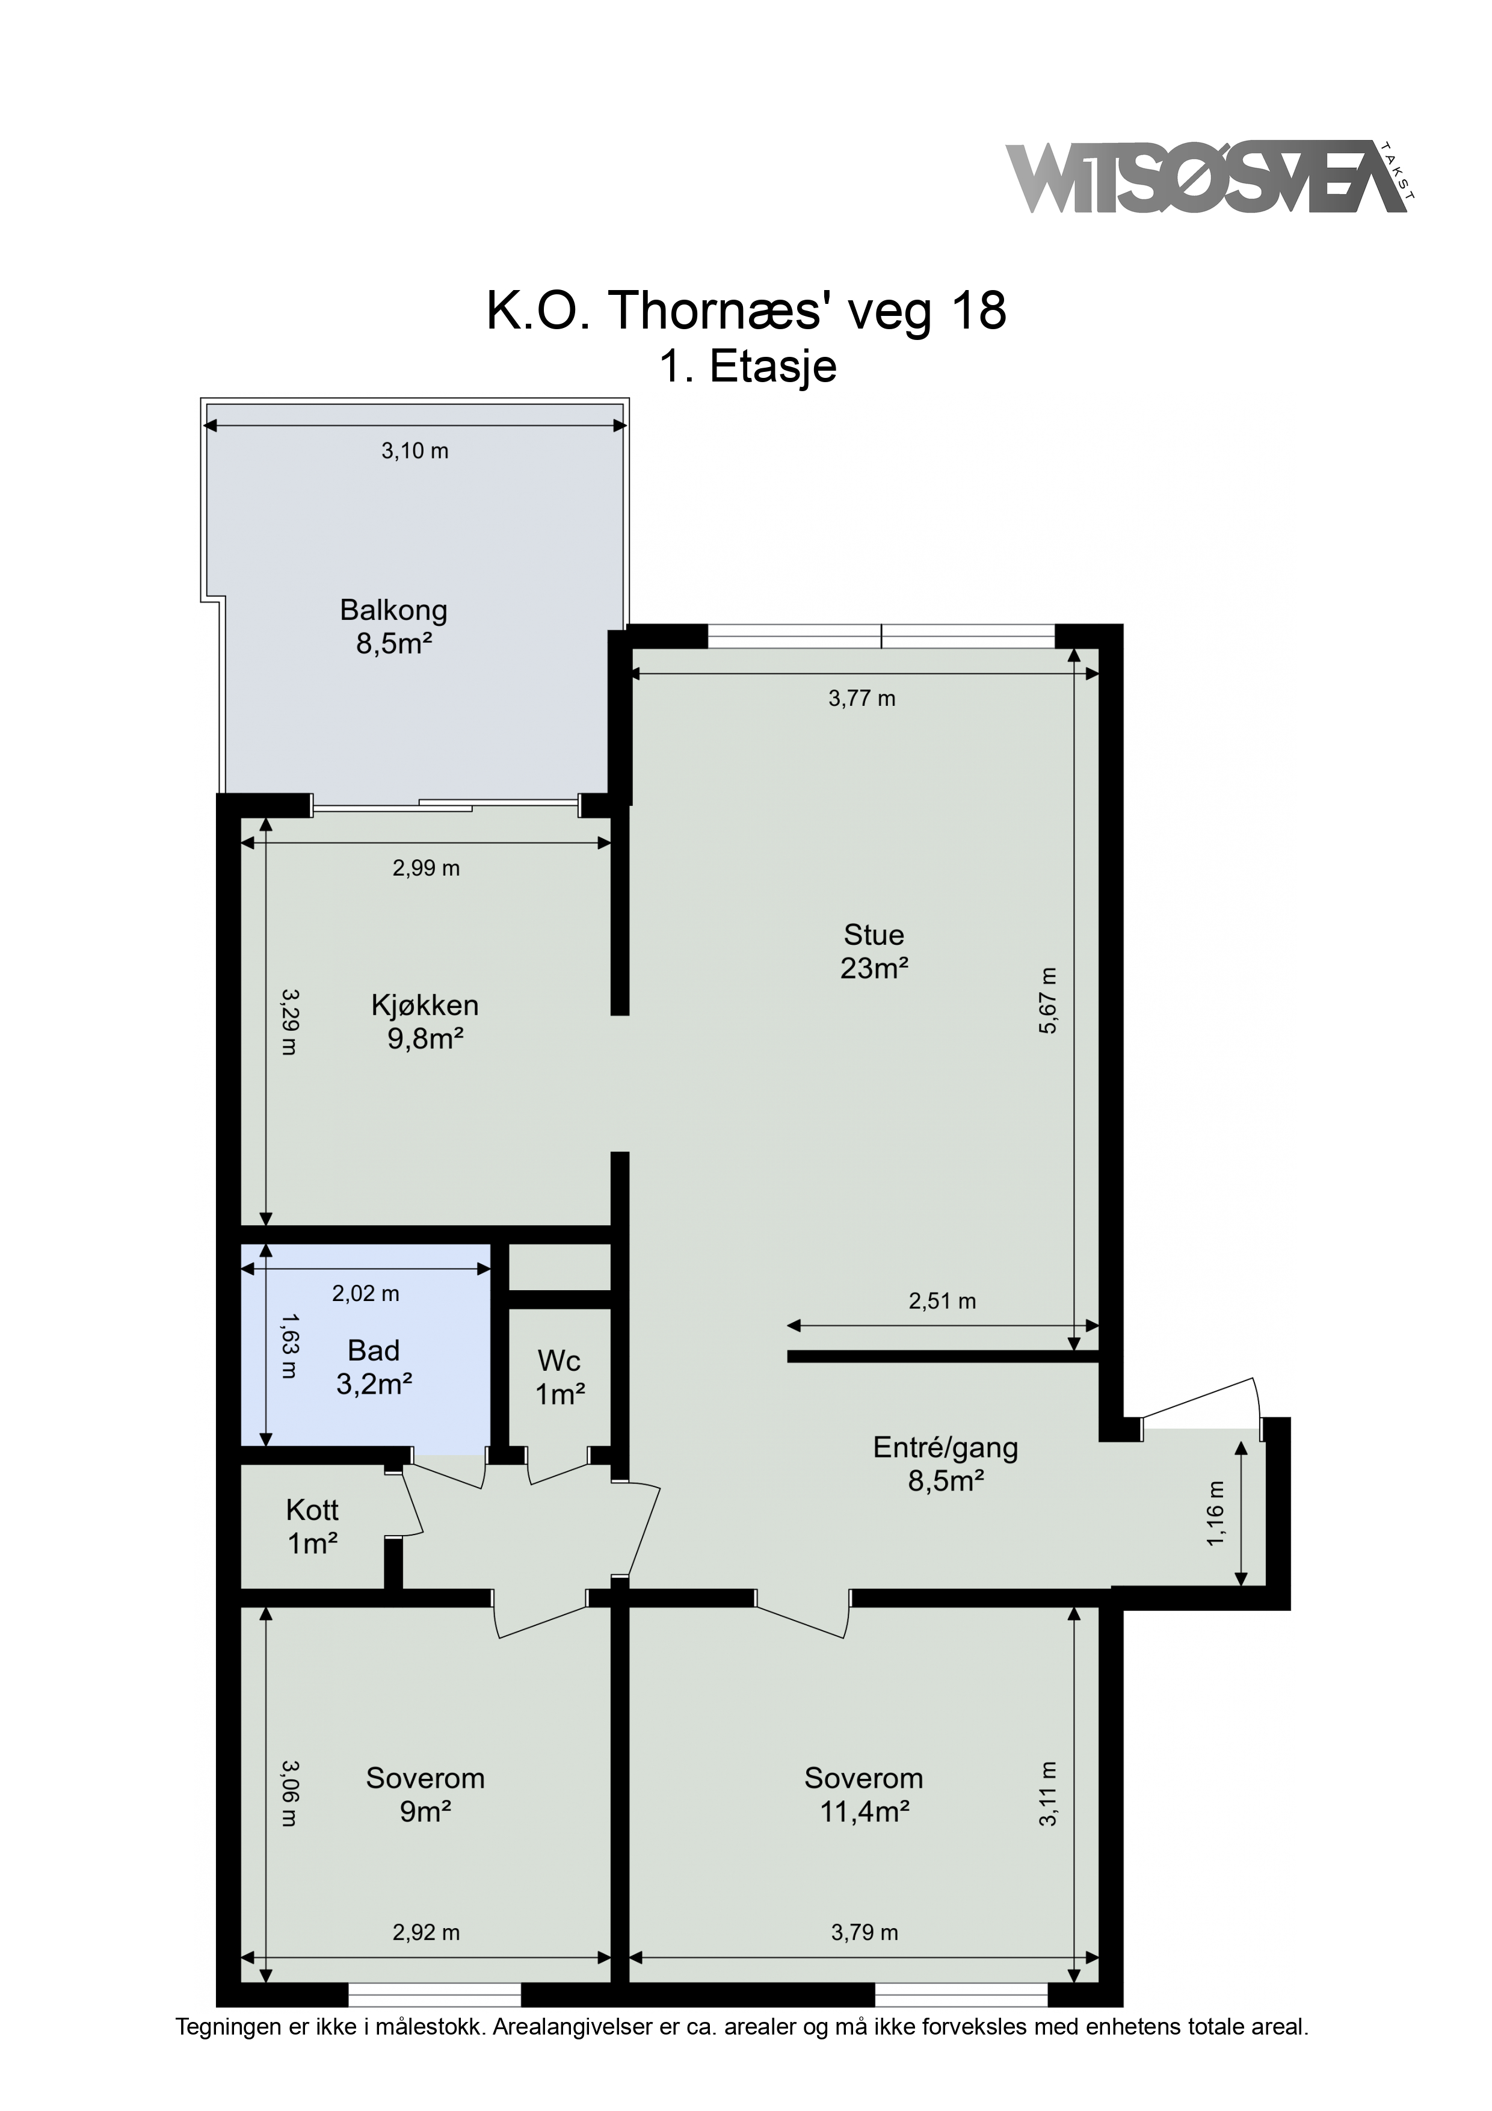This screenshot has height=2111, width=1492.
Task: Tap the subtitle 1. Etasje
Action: pyautogui.click(x=747, y=367)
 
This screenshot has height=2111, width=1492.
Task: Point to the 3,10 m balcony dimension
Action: pyautogui.click(x=415, y=451)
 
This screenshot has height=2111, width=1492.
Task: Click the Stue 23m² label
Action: pyautogui.click(x=874, y=951)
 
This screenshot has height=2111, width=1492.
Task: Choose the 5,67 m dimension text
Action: pyautogui.click(x=1048, y=1000)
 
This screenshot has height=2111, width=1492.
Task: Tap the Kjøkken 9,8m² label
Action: pyautogui.click(x=425, y=1021)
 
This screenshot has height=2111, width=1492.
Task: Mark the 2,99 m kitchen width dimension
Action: pyautogui.click(x=427, y=868)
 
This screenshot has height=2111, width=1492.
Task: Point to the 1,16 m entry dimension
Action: pyautogui.click(x=1216, y=1512)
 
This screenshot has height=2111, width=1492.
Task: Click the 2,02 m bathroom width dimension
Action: pyautogui.click(x=366, y=1294)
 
